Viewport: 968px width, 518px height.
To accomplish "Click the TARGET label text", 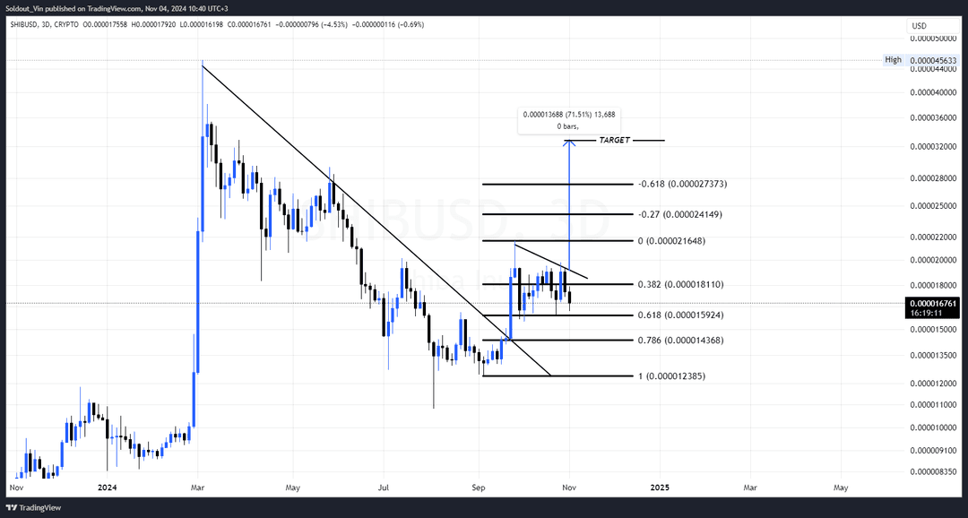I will click(614, 141).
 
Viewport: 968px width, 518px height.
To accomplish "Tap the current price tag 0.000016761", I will click(932, 304).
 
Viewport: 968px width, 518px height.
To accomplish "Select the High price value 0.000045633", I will click(932, 60).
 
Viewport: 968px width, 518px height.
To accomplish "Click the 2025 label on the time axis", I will click(659, 488).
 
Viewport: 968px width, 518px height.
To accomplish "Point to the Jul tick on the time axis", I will click(383, 488).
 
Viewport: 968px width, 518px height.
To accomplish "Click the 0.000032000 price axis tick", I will click(932, 146).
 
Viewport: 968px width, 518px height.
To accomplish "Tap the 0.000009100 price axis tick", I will click(932, 451).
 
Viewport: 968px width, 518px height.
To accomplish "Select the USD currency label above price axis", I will click(919, 26).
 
